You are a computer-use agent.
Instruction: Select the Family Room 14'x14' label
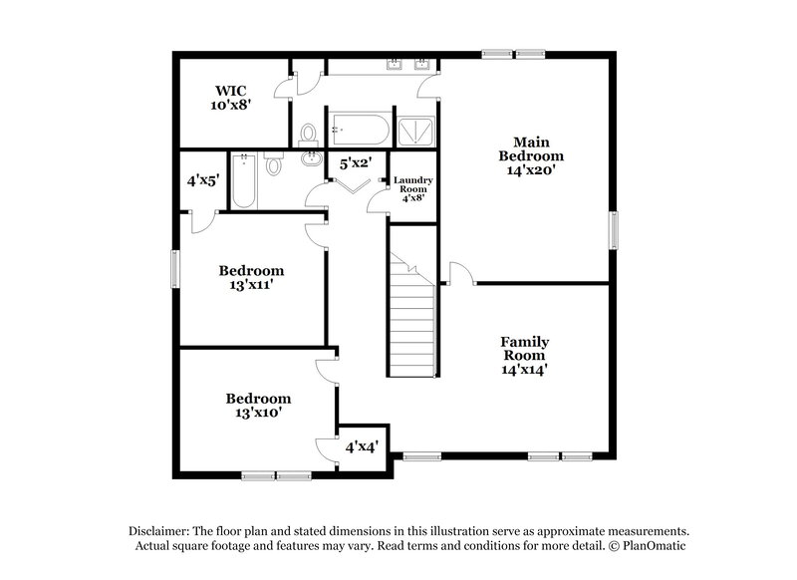point(524,354)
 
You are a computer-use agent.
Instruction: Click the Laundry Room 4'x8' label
point(411,187)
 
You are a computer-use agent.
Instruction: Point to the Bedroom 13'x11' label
point(251,277)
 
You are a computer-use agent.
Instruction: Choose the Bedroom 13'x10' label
point(257,405)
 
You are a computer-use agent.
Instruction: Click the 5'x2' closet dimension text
point(357,162)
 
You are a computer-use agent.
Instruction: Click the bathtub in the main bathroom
point(359,128)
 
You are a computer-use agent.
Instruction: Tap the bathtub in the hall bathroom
point(243,180)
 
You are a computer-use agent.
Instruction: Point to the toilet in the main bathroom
point(308,132)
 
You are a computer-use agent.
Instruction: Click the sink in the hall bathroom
point(308,159)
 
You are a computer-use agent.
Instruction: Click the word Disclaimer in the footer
point(159,531)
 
